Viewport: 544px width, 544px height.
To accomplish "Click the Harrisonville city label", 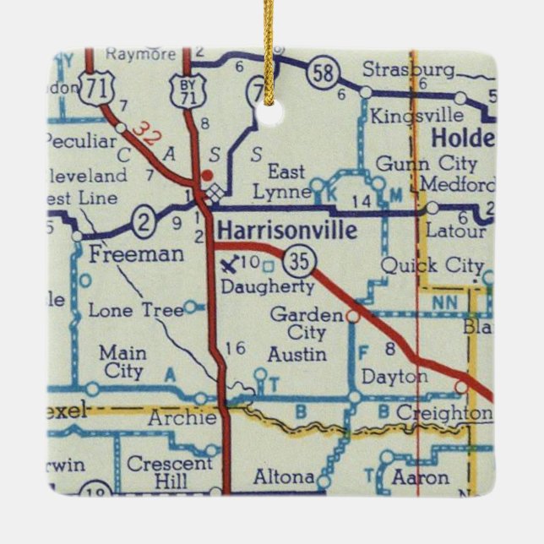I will [286, 230].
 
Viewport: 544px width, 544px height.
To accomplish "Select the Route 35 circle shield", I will [298, 261].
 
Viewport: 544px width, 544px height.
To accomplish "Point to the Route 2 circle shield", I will [144, 223].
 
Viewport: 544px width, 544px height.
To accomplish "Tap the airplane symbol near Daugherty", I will [228, 264].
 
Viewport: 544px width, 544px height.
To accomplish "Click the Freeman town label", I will [124, 253].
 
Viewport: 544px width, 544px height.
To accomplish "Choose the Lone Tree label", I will [135, 310].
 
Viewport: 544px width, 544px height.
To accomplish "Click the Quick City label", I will [431, 265].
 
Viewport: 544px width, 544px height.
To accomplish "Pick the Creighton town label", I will [443, 413].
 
